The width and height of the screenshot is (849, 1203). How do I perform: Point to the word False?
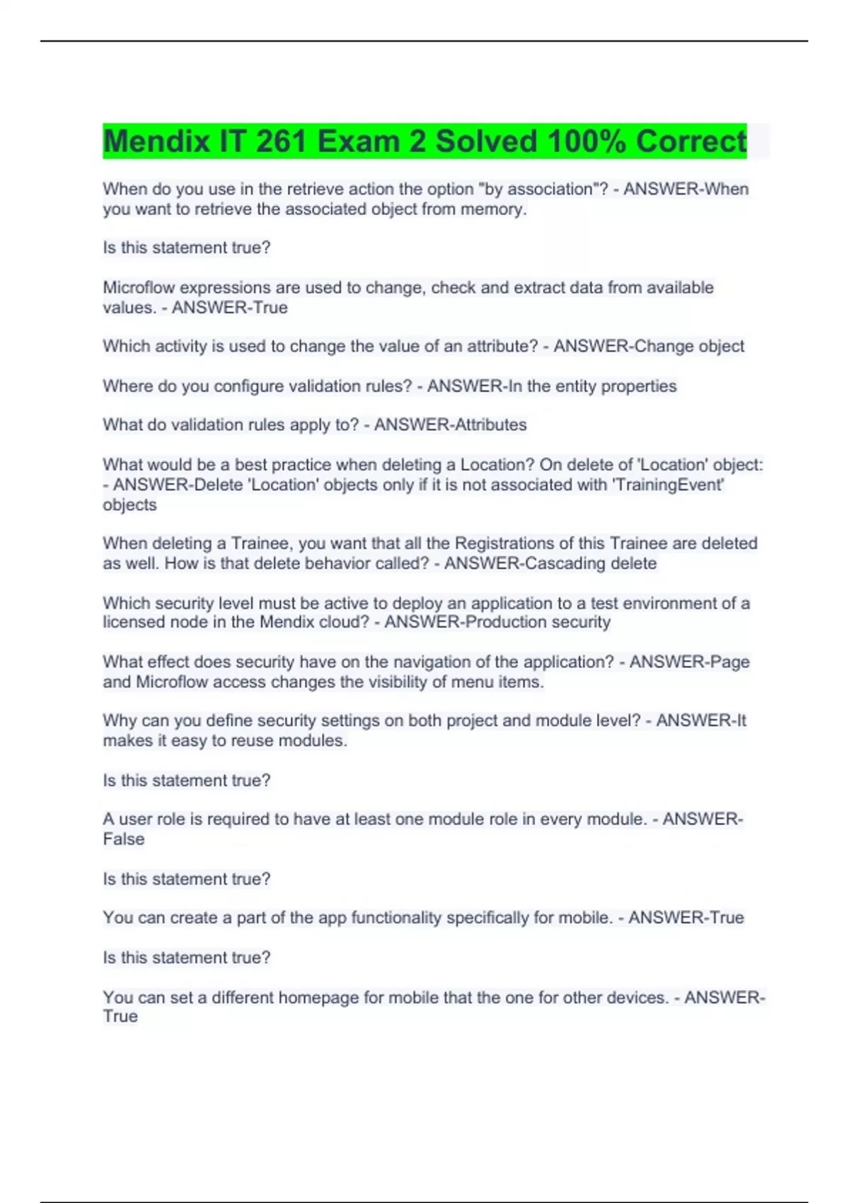(x=124, y=839)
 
